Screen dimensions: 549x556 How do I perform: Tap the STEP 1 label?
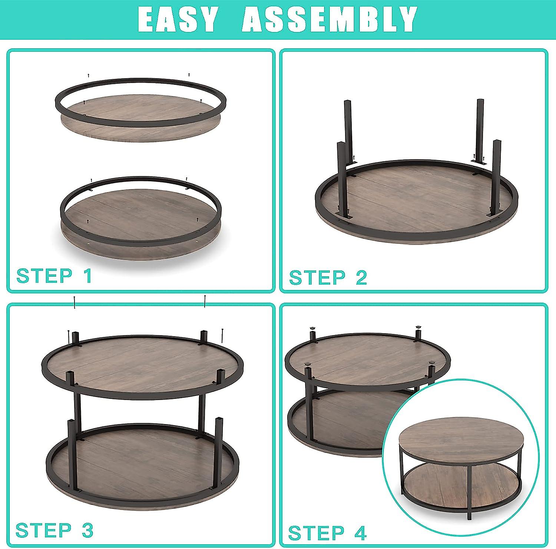coord(54,276)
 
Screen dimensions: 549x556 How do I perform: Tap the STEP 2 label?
coord(328,277)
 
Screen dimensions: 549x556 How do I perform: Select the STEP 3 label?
coord(54,530)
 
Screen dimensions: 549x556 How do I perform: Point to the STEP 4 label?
coord(327,533)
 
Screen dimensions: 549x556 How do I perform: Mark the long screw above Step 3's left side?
coord(75,302)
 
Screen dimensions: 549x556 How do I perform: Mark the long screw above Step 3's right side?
coord(205,301)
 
